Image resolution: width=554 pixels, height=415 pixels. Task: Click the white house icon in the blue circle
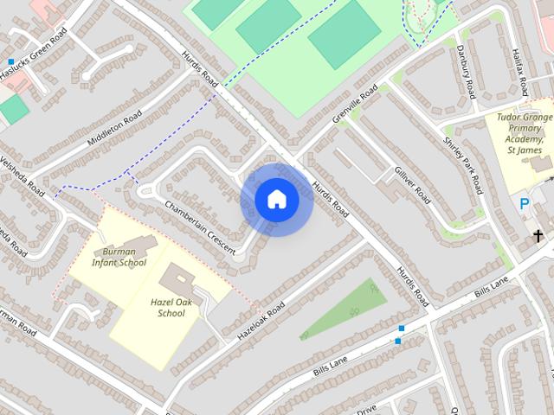click(276, 199)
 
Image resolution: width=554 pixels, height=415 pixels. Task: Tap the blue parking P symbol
click(524, 204)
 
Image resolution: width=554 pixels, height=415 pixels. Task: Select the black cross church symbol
click(538, 235)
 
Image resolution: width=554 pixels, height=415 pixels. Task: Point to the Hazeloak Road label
click(261, 320)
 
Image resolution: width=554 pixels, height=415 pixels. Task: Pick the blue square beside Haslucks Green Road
click(10, 62)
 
